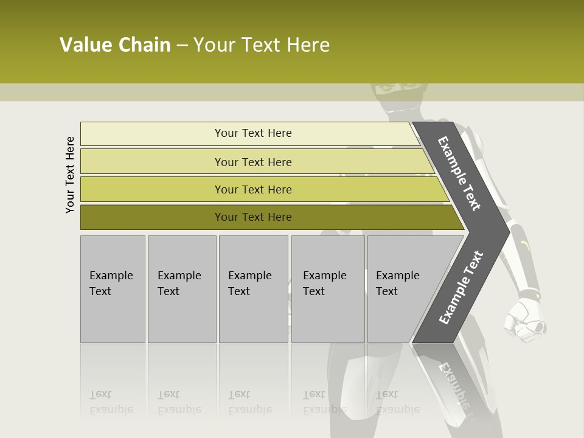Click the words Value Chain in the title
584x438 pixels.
click(x=115, y=44)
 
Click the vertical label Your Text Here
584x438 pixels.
click(x=70, y=175)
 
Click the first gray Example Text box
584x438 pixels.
click(x=113, y=289)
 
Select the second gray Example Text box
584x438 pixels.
click(x=181, y=289)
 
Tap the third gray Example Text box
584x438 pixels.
click(x=253, y=289)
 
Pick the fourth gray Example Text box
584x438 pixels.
click(x=328, y=289)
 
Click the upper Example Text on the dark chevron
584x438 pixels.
click(x=459, y=173)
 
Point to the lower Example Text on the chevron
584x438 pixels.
click(x=461, y=287)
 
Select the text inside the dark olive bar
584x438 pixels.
click(x=253, y=217)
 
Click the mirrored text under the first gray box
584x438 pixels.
click(x=111, y=403)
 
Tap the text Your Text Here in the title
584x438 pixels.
click(x=262, y=44)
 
